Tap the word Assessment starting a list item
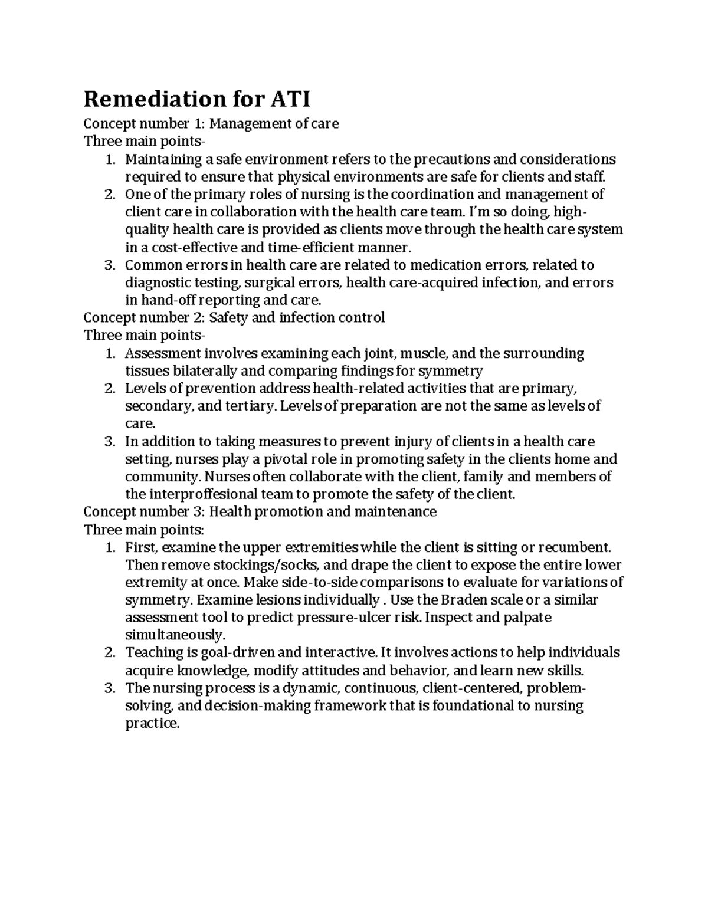[x=162, y=353]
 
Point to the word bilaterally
[x=204, y=371]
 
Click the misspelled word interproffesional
[x=200, y=494]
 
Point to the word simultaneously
[x=175, y=635]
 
